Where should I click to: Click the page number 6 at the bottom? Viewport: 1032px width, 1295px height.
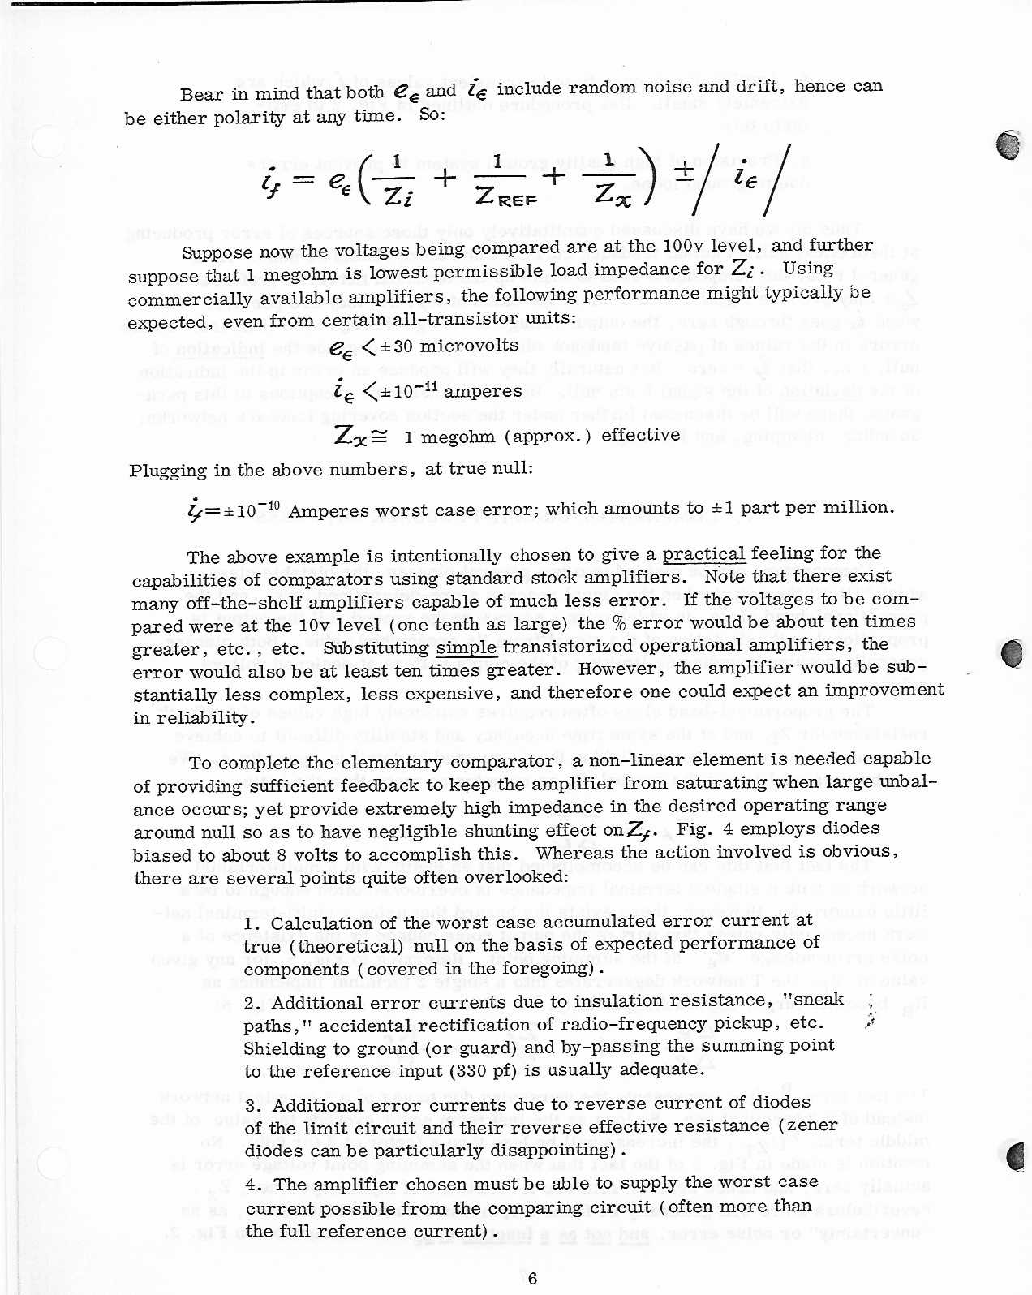tap(532, 1278)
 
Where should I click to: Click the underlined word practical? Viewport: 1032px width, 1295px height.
tap(703, 555)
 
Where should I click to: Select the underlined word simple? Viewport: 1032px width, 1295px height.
tap(466, 647)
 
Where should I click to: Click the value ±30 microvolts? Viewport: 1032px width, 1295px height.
tap(455, 346)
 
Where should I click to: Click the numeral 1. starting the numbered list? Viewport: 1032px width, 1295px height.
tap(252, 924)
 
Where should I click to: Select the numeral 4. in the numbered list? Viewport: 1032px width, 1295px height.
tap(253, 1185)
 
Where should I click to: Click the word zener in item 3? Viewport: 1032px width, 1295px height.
tap(811, 1125)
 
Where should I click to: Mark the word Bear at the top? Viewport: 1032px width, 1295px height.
tap(200, 94)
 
